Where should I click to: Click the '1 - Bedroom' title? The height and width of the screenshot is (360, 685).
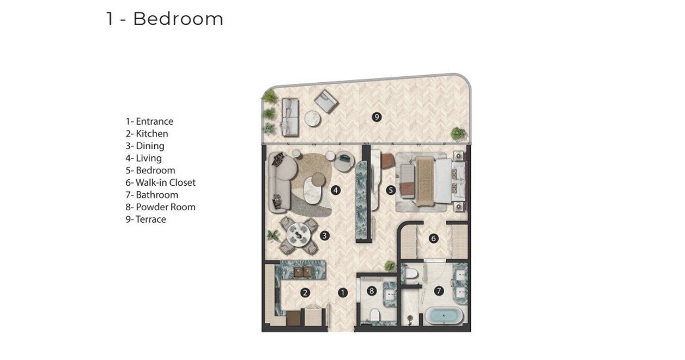tap(165, 19)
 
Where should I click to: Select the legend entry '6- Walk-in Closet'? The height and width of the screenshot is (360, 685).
tap(160, 182)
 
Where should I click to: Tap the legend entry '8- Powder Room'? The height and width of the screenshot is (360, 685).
tap(160, 207)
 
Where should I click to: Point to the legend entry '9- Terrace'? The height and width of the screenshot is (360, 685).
tap(146, 219)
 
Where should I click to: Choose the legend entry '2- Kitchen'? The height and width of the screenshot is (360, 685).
tap(147, 133)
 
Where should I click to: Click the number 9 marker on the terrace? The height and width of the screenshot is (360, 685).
tap(377, 117)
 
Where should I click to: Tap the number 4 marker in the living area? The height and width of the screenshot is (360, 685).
tap(336, 191)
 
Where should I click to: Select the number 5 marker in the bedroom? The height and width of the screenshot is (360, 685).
tap(391, 191)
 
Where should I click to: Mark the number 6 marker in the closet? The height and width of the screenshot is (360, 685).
tap(433, 239)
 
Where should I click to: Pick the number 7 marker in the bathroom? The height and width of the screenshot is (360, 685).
tap(439, 291)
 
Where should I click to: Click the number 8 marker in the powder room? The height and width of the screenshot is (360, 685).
tap(372, 291)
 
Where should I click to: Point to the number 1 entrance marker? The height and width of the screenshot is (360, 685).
tap(342, 293)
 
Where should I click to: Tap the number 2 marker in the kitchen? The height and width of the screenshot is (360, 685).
tap(305, 293)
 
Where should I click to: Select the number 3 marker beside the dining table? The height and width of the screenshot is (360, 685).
tap(324, 236)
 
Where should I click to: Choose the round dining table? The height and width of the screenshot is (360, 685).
tap(299, 235)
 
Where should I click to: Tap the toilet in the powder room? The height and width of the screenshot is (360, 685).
tap(374, 315)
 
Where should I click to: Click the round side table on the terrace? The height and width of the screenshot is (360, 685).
tap(313, 119)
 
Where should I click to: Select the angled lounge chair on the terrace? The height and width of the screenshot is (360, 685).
tap(326, 101)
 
